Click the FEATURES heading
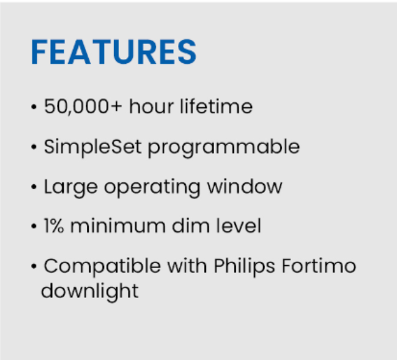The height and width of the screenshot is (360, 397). point(114,52)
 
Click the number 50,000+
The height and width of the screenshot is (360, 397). point(83,107)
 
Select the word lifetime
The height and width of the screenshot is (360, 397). point(216,106)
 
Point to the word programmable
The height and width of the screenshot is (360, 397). point(224,148)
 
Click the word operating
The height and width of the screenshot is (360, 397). point(152,188)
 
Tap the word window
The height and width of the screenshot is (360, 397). point(244,187)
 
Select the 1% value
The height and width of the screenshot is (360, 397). point(54,226)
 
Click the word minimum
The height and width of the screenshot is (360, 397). point(118,226)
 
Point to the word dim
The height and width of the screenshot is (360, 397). point(190,225)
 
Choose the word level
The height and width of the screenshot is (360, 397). point(238,225)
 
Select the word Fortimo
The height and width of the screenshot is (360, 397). point(319,266)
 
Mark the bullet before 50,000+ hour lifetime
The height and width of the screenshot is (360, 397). point(33,107)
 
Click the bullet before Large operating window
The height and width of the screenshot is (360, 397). point(33,187)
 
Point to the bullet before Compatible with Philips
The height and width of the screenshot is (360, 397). point(33,266)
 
